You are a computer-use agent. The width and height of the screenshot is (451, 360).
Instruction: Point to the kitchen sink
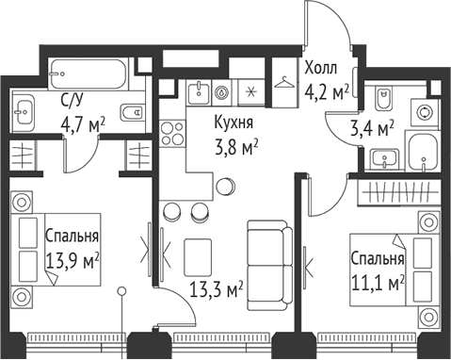coord(197,92)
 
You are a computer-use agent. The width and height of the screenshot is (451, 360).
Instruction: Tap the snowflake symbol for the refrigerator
coord(250,92)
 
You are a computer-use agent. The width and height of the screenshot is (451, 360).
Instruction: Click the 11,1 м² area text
coord(377,280)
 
